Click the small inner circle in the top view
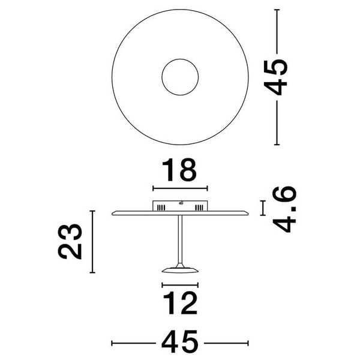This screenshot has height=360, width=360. (x=180, y=77)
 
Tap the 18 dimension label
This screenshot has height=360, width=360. (x=180, y=170)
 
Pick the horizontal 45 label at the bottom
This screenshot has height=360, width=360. (x=180, y=342)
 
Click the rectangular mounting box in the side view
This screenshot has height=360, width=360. (x=180, y=205)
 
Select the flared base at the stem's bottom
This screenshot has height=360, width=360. (x=180, y=268)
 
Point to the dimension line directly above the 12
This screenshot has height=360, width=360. (x=180, y=285)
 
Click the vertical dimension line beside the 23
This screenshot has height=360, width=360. (x=92, y=241)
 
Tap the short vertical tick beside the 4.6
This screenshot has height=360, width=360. (x=262, y=208)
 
